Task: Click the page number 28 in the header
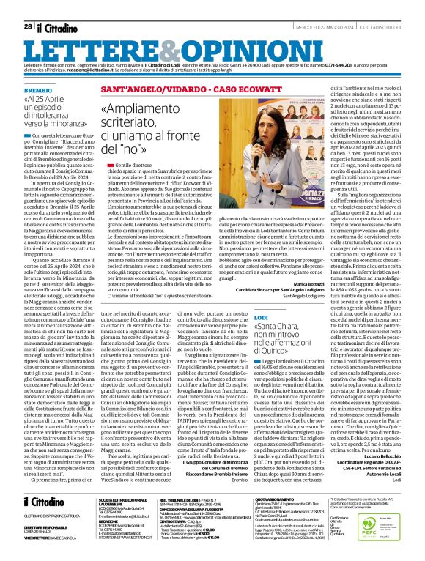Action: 27,7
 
